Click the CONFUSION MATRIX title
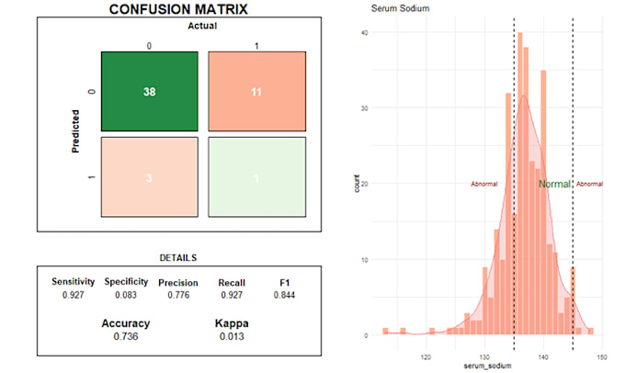tap(177, 9)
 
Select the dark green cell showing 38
tap(150, 92)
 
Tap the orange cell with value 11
tap(256, 92)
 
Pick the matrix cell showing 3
tap(150, 177)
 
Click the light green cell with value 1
tap(256, 177)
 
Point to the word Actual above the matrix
tap(202, 26)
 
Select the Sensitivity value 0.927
tap(73, 295)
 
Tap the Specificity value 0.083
tap(126, 295)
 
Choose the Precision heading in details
tap(178, 282)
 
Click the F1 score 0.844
tap(284, 295)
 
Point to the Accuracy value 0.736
tap(125, 337)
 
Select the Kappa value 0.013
tap(231, 337)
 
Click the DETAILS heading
tap(177, 258)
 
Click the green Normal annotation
tap(554, 184)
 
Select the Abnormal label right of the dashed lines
tap(590, 184)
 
